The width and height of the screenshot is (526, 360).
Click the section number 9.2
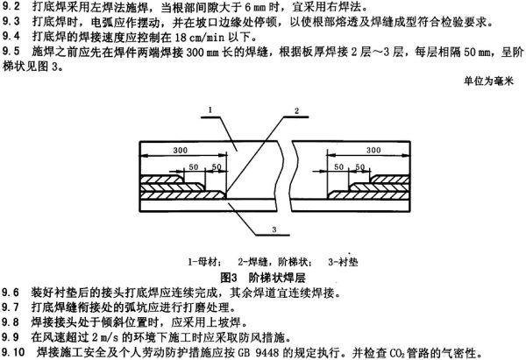(11, 7)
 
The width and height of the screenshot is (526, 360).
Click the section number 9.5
(11, 52)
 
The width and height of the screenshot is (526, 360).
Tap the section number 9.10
(13, 352)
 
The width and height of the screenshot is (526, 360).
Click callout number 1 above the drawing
(210, 110)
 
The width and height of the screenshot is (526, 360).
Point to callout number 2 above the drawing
(296, 110)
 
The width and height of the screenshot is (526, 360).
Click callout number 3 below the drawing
(274, 229)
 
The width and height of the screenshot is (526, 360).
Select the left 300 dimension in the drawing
(180, 150)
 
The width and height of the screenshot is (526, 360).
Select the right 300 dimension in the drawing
(373, 150)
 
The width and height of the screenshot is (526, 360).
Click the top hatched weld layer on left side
(162, 179)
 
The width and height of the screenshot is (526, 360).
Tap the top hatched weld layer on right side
(390, 179)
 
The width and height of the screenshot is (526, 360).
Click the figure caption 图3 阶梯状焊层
(263, 278)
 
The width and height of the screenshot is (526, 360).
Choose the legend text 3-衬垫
(343, 262)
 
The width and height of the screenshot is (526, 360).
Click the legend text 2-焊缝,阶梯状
(275, 262)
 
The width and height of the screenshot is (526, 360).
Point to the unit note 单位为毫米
(489, 81)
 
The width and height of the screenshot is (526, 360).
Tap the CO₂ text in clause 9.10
(397, 353)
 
